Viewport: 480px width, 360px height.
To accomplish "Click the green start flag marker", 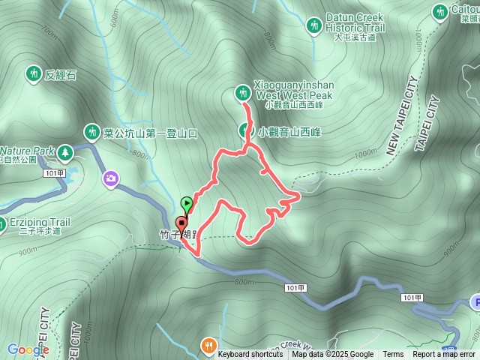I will (187, 202).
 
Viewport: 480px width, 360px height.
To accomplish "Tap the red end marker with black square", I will (181, 223).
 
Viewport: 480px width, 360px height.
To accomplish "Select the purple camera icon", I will (112, 178).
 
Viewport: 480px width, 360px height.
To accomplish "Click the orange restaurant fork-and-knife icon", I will (208, 345).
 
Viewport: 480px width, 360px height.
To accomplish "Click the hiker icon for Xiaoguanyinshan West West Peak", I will (242, 93).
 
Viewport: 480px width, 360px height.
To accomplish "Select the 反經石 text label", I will (61, 74).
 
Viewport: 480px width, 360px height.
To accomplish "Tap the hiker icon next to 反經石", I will (32, 73).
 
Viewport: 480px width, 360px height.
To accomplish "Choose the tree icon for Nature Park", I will (65, 152).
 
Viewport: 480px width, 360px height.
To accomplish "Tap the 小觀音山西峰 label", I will (289, 132).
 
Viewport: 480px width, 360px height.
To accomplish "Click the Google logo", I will (28, 349).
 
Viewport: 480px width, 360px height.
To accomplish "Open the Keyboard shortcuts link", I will (250, 355).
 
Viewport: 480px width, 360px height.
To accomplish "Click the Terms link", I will (393, 355).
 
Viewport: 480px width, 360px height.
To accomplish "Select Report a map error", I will (444, 355).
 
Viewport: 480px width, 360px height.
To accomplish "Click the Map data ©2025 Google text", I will (333, 355).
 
